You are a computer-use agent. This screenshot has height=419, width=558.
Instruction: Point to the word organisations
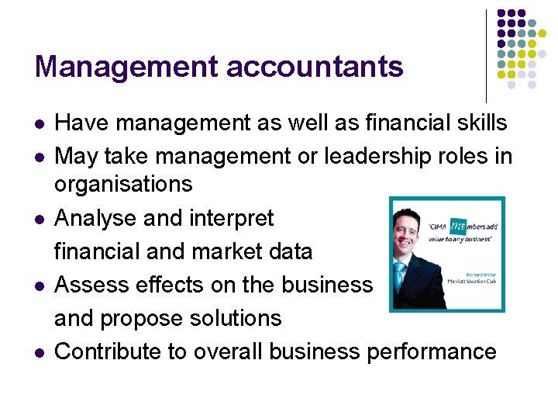coord(123,185)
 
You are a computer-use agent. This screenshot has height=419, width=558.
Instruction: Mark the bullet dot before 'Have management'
coord(40,124)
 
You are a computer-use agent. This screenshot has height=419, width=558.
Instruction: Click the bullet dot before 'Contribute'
coord(40,353)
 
